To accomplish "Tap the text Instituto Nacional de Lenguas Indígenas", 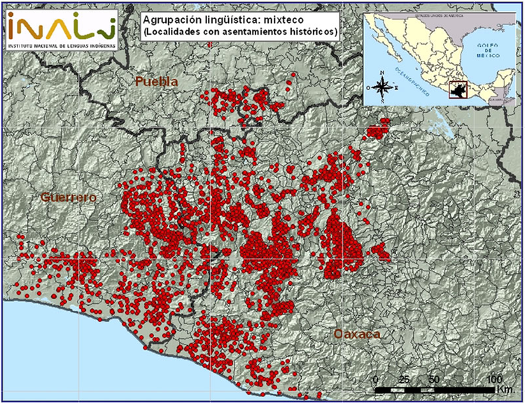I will (59, 45).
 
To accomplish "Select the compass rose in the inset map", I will (383, 87).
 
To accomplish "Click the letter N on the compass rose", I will (383, 73).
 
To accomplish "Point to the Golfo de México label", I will (486, 48).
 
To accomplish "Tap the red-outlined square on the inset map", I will (458, 89).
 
